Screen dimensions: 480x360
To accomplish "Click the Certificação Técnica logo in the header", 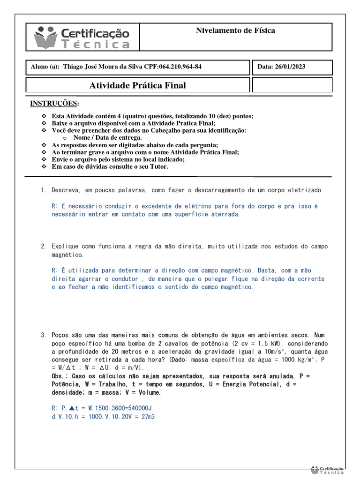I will pyautogui.click(x=82, y=37).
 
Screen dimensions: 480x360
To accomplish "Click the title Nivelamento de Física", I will pyautogui.click(x=235, y=31).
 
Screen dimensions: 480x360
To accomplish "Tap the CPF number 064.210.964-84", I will pyautogui.click(x=180, y=67).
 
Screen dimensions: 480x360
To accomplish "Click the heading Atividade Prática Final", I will pyautogui.click(x=137, y=85).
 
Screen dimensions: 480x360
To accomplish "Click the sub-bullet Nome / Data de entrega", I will pyautogui.click(x=107, y=138).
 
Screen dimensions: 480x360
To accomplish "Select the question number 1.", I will pyautogui.click(x=43, y=190).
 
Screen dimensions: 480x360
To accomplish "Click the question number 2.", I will pyautogui.click(x=43, y=247).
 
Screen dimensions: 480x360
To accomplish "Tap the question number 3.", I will pyautogui.click(x=43, y=336).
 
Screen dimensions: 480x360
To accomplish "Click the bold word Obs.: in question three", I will pyautogui.click(x=60, y=376).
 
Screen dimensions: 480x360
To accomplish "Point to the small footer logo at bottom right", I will pyautogui.click(x=328, y=470).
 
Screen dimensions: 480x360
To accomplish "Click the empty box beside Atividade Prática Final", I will pyautogui.click(x=292, y=85).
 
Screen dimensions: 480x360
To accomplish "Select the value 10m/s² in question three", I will pyautogui.click(x=276, y=352).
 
